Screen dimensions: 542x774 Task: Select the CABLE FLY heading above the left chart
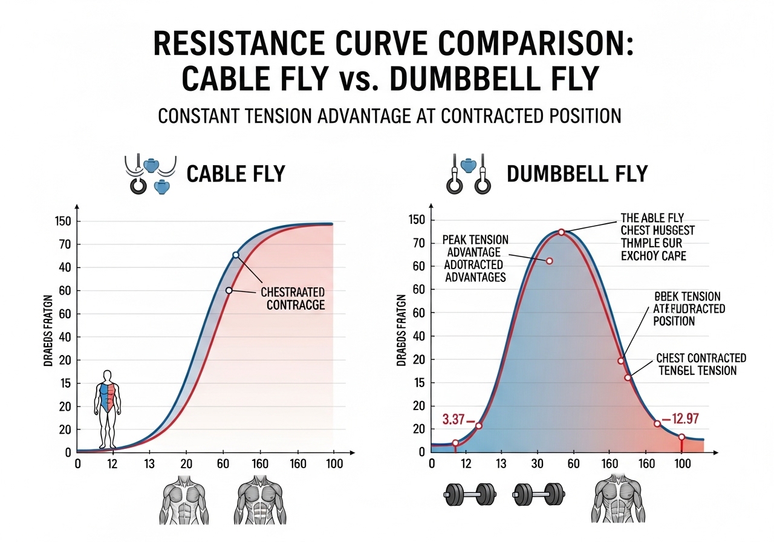click(235, 174)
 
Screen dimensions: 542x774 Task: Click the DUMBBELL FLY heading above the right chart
click(577, 174)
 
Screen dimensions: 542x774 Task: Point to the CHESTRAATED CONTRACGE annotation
click(293, 298)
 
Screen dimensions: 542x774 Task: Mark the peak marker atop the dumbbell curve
click(561, 232)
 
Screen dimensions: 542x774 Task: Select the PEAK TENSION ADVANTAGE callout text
click(475, 258)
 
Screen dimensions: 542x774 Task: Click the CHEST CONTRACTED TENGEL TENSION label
click(701, 364)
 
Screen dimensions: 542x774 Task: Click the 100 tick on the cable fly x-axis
click(333, 464)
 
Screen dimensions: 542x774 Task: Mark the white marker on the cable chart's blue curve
click(236, 255)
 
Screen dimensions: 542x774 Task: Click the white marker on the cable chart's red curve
click(229, 290)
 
